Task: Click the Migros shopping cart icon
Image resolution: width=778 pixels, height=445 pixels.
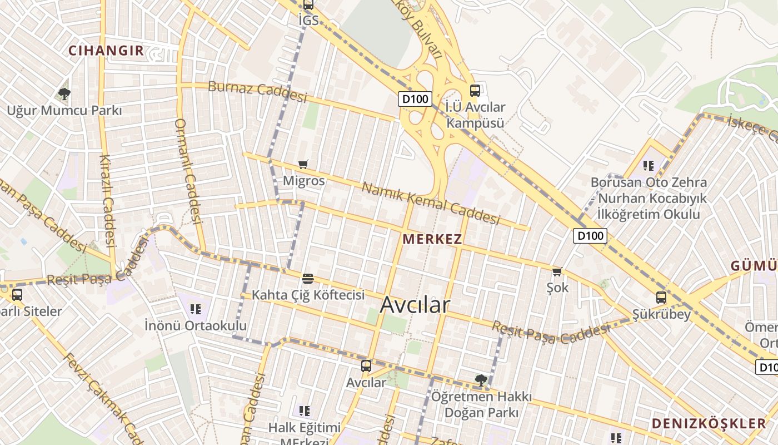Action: pyautogui.click(x=303, y=164)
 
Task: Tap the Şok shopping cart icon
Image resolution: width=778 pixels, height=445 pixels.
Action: pyautogui.click(x=557, y=271)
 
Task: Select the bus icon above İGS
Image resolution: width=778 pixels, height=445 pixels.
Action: pyautogui.click(x=308, y=5)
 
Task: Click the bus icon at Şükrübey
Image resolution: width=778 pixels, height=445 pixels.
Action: pyautogui.click(x=661, y=298)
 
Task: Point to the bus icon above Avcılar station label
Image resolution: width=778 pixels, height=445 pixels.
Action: pyautogui.click(x=366, y=365)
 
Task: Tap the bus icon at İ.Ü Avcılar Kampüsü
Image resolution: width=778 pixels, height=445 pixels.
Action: pyautogui.click(x=475, y=90)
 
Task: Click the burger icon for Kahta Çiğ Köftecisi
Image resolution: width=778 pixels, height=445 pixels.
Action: pyautogui.click(x=308, y=278)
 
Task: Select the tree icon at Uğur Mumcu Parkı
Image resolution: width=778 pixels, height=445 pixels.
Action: pyautogui.click(x=64, y=93)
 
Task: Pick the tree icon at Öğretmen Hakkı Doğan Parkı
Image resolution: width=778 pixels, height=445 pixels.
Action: pyautogui.click(x=481, y=380)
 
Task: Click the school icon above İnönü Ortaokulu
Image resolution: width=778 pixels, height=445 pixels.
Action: pyautogui.click(x=195, y=309)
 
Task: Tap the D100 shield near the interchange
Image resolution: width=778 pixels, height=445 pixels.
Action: pyautogui.click(x=415, y=99)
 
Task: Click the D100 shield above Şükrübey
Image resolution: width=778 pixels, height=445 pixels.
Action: pyautogui.click(x=590, y=235)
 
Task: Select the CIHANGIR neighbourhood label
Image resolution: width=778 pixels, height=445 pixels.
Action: pyautogui.click(x=106, y=51)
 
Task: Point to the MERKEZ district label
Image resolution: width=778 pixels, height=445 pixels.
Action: pyautogui.click(x=432, y=239)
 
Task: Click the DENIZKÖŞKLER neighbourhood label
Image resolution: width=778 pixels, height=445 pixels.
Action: pyautogui.click(x=709, y=423)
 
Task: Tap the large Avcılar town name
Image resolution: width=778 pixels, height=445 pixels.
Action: pyautogui.click(x=415, y=304)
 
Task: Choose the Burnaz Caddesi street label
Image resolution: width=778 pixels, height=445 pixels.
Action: pyautogui.click(x=257, y=92)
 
